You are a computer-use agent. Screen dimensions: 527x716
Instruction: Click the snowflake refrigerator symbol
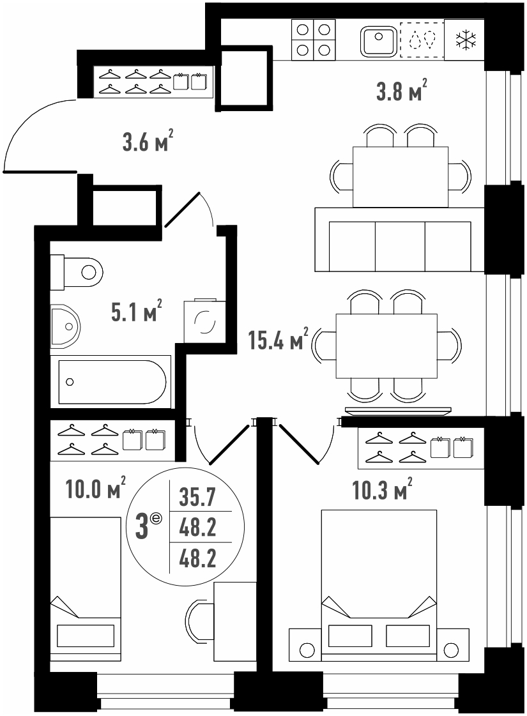[x=466, y=40]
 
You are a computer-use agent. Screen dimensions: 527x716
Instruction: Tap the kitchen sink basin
[x=379, y=41]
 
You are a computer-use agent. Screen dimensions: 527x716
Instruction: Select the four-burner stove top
[x=313, y=40]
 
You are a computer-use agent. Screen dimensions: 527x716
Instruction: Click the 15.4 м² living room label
[x=278, y=339]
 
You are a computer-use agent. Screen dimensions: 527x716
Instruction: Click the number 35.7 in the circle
[x=197, y=497]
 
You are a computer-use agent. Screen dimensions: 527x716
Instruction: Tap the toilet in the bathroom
[x=76, y=273]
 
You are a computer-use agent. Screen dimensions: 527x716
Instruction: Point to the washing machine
[x=204, y=321]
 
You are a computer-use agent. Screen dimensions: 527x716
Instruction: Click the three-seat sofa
[x=399, y=240]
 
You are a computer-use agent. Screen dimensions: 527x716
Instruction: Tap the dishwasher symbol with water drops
[x=422, y=40]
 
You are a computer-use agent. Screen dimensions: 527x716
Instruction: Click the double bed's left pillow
[x=350, y=636]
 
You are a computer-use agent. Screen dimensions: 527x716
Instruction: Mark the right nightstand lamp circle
[x=452, y=649]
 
